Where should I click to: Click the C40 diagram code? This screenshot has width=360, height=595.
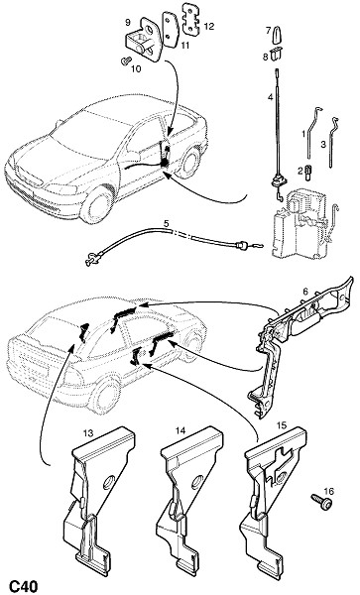[x=23, y=586]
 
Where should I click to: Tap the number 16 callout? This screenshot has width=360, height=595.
[x=329, y=492]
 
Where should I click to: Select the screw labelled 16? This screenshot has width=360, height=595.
[x=321, y=501]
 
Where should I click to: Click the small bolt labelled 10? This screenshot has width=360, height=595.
[x=126, y=60]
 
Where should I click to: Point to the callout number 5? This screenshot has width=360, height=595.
[x=167, y=223]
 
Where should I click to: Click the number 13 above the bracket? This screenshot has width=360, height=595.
[x=88, y=433]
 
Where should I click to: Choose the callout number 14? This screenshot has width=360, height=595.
[x=180, y=430]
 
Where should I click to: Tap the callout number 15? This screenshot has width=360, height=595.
[x=282, y=425]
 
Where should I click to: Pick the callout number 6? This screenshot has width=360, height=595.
[x=305, y=292]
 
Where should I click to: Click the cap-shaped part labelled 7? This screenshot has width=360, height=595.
[x=277, y=33]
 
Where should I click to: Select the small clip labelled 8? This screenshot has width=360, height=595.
[x=277, y=56]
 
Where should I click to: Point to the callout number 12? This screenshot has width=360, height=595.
[x=209, y=26]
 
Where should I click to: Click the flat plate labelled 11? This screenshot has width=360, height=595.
[x=171, y=30]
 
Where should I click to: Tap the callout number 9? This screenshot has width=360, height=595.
[x=128, y=23]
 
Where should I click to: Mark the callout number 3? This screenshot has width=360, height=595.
[x=323, y=145]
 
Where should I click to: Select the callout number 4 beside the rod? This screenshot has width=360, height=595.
[x=270, y=97]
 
